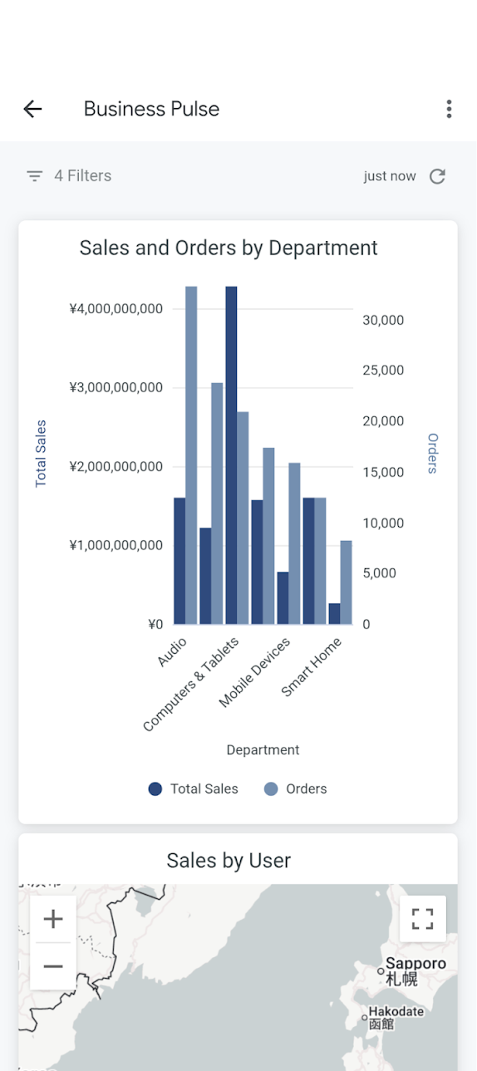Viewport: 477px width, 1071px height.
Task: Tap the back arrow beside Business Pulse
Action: tap(32, 109)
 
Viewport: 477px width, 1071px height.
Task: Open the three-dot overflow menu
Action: tap(449, 109)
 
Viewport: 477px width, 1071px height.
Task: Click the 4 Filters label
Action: tap(83, 176)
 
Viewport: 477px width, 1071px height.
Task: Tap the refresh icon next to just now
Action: tap(437, 176)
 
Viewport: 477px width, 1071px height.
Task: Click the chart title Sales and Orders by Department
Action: tap(229, 248)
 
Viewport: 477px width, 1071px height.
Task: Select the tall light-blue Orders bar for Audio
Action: tap(191, 455)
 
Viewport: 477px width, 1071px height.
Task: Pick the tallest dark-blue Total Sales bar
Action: tap(231, 455)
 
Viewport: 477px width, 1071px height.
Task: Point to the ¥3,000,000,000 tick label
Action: tap(116, 387)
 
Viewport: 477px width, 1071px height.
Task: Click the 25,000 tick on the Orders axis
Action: tap(383, 370)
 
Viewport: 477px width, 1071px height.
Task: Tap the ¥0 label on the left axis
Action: tap(155, 624)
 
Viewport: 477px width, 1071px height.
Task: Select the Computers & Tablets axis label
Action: tap(191, 684)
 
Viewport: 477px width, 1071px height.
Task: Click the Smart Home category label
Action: tap(311, 667)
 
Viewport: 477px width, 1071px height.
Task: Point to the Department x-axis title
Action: tap(263, 749)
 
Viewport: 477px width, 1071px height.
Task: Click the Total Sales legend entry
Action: tap(194, 789)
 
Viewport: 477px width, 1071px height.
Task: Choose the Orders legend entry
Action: tap(296, 789)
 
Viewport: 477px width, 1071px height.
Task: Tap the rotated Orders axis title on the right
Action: tap(432, 454)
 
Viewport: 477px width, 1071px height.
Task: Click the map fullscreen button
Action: tap(422, 919)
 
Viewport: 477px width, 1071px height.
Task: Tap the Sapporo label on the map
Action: tap(416, 963)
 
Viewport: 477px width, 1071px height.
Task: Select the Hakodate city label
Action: tap(396, 1011)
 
